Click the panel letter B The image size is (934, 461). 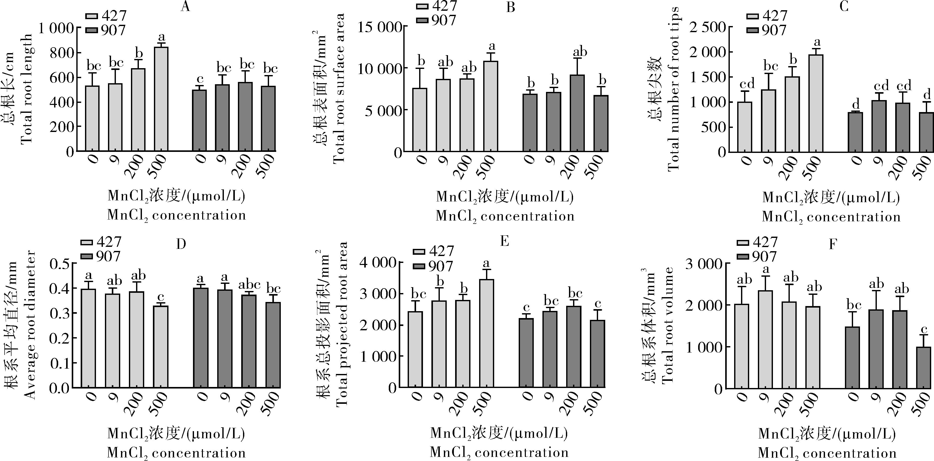[511, 7]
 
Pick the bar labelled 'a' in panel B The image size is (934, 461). [491, 106]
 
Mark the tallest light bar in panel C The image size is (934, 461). [816, 103]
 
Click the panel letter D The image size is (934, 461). [181, 244]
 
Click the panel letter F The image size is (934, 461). [833, 244]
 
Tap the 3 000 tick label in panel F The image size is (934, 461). [703, 264]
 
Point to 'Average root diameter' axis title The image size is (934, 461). [31, 325]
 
